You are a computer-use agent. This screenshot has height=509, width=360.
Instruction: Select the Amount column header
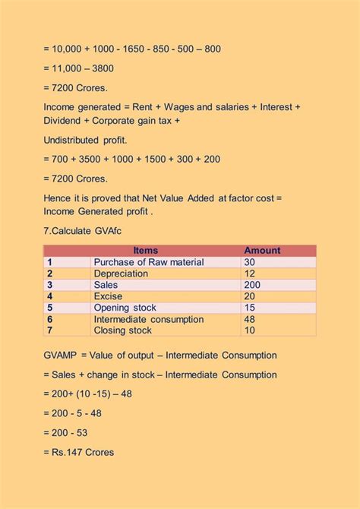point(262,251)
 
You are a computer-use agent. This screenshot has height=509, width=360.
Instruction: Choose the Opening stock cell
point(125,308)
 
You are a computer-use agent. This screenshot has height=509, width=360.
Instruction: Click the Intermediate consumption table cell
point(148,320)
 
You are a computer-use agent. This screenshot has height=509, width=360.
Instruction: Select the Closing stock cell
point(122,330)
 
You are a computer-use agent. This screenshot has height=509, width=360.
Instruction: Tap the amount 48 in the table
point(250,320)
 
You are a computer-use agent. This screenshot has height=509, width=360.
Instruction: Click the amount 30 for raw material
point(250,262)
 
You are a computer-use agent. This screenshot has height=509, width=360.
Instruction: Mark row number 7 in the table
point(49,330)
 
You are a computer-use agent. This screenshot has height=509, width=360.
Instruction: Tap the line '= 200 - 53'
point(71,432)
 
